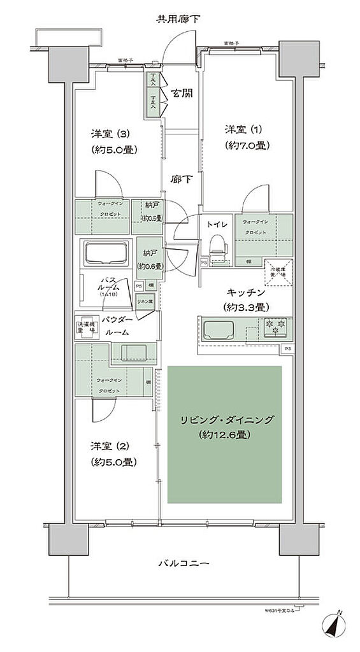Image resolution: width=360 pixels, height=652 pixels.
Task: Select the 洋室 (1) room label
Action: point(246,129)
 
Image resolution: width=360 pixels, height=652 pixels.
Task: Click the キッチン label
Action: point(245,292)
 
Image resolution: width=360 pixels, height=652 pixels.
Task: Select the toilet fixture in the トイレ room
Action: point(217,246)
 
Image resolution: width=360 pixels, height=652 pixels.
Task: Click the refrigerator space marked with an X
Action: point(278,270)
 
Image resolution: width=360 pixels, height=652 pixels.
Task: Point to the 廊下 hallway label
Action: point(181,180)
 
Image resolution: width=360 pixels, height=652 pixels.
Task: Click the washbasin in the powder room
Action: point(133,351)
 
